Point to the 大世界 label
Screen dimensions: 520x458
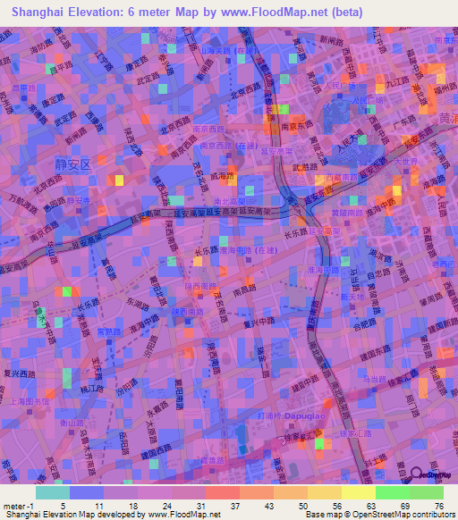coord(408,162)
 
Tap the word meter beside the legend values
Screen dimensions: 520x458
coord(13,506)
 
